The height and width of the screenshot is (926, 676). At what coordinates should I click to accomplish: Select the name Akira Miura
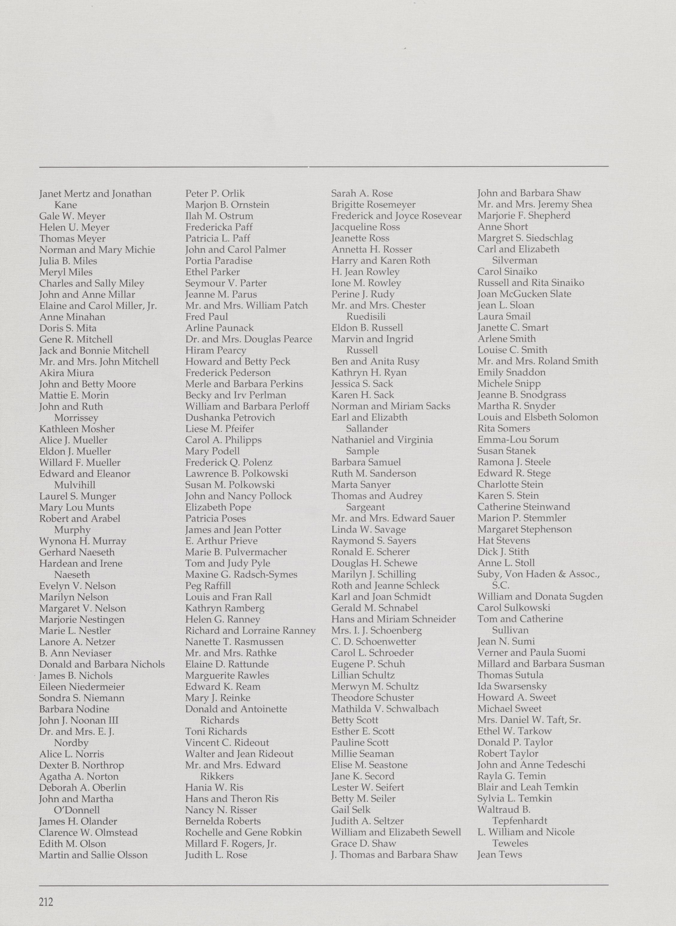point(66,373)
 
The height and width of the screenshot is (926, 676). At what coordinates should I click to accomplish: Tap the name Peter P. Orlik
point(215,194)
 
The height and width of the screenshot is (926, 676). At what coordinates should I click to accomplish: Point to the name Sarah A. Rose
point(362,194)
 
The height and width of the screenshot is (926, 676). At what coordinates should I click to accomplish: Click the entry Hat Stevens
point(503,540)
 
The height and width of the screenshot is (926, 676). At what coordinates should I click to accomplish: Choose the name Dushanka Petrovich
point(230,418)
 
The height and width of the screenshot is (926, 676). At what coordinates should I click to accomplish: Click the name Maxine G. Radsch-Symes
point(241,574)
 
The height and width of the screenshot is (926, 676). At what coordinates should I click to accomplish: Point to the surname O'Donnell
point(77,810)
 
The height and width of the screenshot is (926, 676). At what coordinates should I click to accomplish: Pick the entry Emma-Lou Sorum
point(518,440)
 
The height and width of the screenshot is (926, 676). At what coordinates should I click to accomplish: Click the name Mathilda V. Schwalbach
point(385,709)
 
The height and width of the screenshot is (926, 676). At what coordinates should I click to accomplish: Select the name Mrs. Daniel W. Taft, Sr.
point(529,720)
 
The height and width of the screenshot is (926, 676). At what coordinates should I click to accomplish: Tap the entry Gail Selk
point(351,809)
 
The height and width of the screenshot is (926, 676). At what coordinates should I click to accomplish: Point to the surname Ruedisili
point(366,317)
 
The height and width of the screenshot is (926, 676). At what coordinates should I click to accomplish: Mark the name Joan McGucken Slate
point(524,294)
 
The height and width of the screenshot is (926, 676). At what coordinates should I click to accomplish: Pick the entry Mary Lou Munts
point(76,507)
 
